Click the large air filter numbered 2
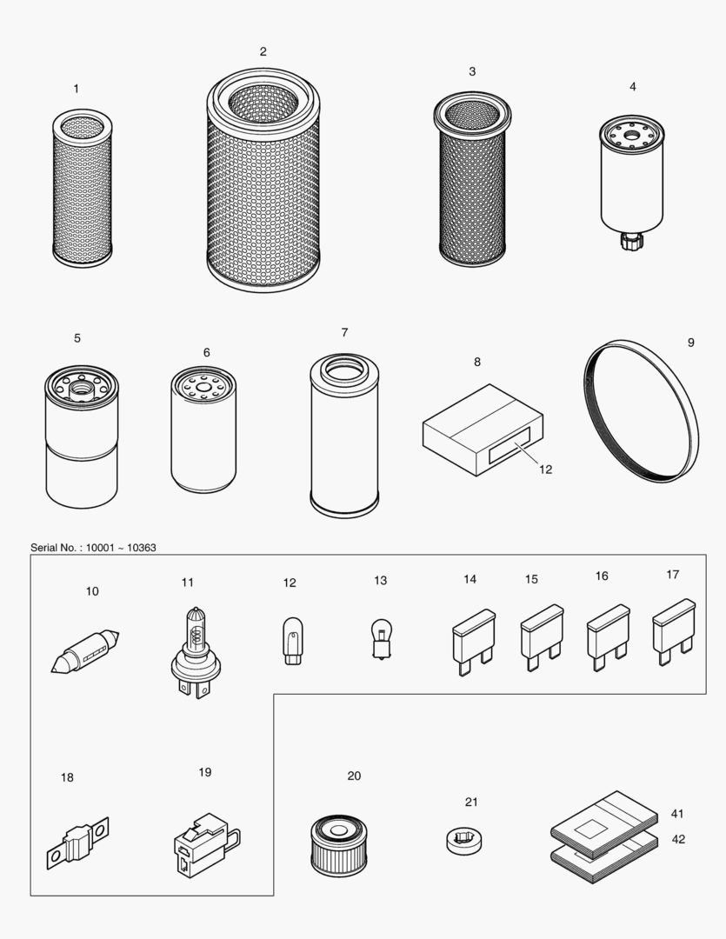pos(263,183)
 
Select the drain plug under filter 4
pos(629,238)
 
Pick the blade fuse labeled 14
pos(474,642)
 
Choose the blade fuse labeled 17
pos(674,630)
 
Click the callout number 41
pos(677,814)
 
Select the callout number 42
pos(677,840)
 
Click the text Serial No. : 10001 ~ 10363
pos(94,547)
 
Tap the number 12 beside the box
pos(545,469)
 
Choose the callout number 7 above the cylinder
pos(344,332)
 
